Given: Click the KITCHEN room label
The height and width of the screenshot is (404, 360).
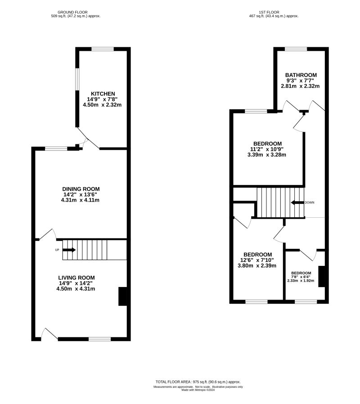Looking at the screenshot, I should point(102,93).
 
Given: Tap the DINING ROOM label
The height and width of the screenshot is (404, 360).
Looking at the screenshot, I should point(81,189).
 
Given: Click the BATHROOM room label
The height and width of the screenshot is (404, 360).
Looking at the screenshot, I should point(301,75).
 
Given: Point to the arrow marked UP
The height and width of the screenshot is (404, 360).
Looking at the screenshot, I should point(69,249).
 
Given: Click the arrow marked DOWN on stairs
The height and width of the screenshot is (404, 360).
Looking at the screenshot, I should point(297,202).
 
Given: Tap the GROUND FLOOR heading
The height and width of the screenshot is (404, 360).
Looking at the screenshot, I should point(75,12).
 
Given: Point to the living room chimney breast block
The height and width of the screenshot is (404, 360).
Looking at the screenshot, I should point(122,296).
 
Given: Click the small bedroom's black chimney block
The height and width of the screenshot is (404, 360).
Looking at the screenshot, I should point(322,276).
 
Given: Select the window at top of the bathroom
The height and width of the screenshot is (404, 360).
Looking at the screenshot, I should point(296,49).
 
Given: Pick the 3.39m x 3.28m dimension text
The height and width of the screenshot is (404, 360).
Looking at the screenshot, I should point(267,154).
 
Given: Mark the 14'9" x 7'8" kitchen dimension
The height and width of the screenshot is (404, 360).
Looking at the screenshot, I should point(102,99).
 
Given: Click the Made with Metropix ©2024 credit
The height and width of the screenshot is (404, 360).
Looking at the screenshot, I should point(198,390).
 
